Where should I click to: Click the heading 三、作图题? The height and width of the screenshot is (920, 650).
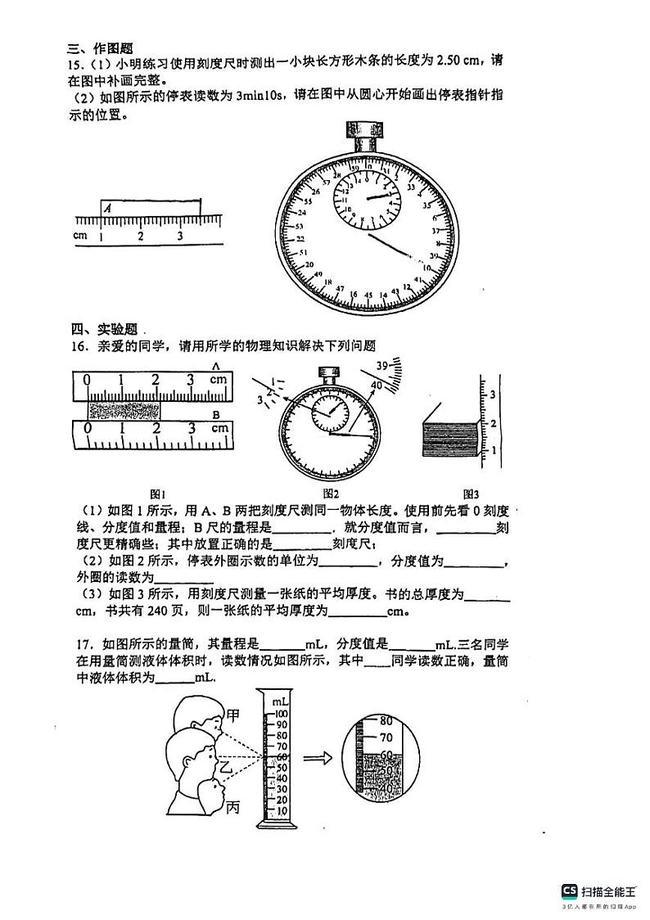pyautogui.click(x=102, y=48)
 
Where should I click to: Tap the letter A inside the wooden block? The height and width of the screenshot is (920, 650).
pyautogui.click(x=108, y=209)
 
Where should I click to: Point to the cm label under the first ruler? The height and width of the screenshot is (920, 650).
pyautogui.click(x=79, y=236)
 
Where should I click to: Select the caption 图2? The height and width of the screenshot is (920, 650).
pyautogui.click(x=331, y=494)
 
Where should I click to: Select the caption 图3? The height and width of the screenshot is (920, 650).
pyautogui.click(x=471, y=494)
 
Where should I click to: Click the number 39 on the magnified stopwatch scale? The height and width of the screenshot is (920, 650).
pyautogui.click(x=381, y=365)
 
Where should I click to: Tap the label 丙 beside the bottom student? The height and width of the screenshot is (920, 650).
pyautogui.click(x=233, y=809)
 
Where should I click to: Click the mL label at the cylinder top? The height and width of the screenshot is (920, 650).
pyautogui.click(x=280, y=702)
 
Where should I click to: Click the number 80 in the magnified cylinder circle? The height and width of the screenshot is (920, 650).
pyautogui.click(x=387, y=720)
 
